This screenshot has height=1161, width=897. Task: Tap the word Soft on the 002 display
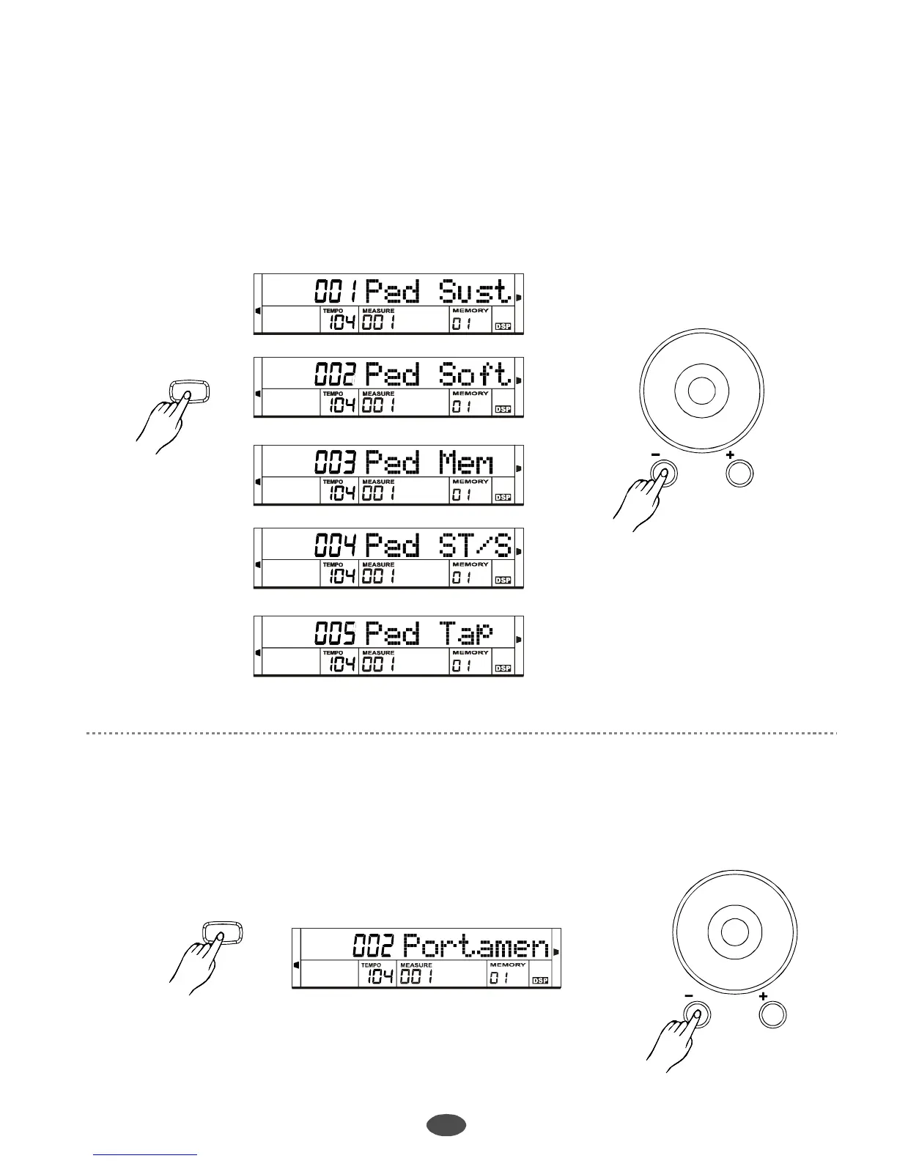(x=474, y=375)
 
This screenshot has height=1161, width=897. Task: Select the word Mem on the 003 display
(x=466, y=462)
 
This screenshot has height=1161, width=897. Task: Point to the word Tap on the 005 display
(x=466, y=633)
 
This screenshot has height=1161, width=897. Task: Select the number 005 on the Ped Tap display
(x=336, y=633)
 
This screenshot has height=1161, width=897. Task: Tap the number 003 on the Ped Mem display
(x=336, y=462)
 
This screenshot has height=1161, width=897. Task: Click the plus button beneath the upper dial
(x=739, y=473)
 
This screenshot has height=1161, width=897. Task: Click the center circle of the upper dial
(x=701, y=390)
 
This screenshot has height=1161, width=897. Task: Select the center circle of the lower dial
(x=734, y=931)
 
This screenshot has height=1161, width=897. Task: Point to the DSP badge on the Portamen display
(x=541, y=981)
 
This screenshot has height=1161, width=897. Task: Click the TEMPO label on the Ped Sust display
(x=333, y=311)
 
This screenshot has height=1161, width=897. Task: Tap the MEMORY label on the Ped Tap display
(x=470, y=652)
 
